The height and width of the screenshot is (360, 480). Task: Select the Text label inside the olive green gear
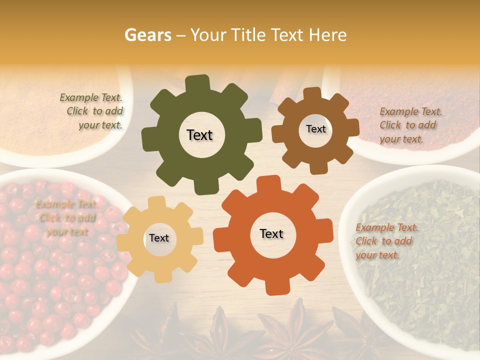199,135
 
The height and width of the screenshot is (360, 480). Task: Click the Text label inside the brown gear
315,129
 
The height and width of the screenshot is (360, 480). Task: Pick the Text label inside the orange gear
271,233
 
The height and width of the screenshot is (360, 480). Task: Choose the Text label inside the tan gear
159,238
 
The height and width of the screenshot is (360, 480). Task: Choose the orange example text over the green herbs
385,241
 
